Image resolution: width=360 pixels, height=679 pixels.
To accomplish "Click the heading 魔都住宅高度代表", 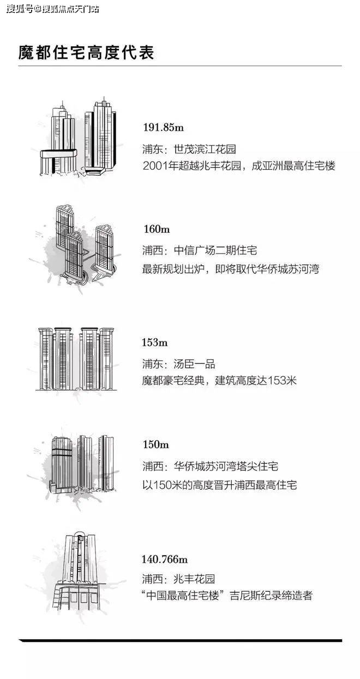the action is click(86, 52).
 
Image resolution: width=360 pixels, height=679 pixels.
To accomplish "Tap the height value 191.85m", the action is click(163, 127).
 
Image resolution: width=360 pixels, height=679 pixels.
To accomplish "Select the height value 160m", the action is click(157, 229).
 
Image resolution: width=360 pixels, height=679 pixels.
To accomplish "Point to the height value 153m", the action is click(154, 342).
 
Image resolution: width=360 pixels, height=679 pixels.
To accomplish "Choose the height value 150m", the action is click(155, 444).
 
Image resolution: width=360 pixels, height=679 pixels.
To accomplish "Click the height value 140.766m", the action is click(164, 559).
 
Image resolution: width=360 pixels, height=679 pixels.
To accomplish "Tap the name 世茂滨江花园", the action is click(205, 149).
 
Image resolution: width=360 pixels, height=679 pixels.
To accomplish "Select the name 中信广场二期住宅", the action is click(215, 251).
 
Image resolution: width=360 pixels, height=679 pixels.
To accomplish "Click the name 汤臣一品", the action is click(194, 364).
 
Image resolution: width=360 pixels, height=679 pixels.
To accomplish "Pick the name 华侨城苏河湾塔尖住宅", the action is click(226, 466).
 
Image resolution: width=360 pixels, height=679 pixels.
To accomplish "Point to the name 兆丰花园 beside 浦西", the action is click(194, 579).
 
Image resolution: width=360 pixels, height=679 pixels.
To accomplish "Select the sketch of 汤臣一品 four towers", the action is click(76, 359).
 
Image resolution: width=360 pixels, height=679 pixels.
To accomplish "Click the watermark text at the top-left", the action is click(53, 9).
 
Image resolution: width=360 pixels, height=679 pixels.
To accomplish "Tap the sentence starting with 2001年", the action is click(239, 166).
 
